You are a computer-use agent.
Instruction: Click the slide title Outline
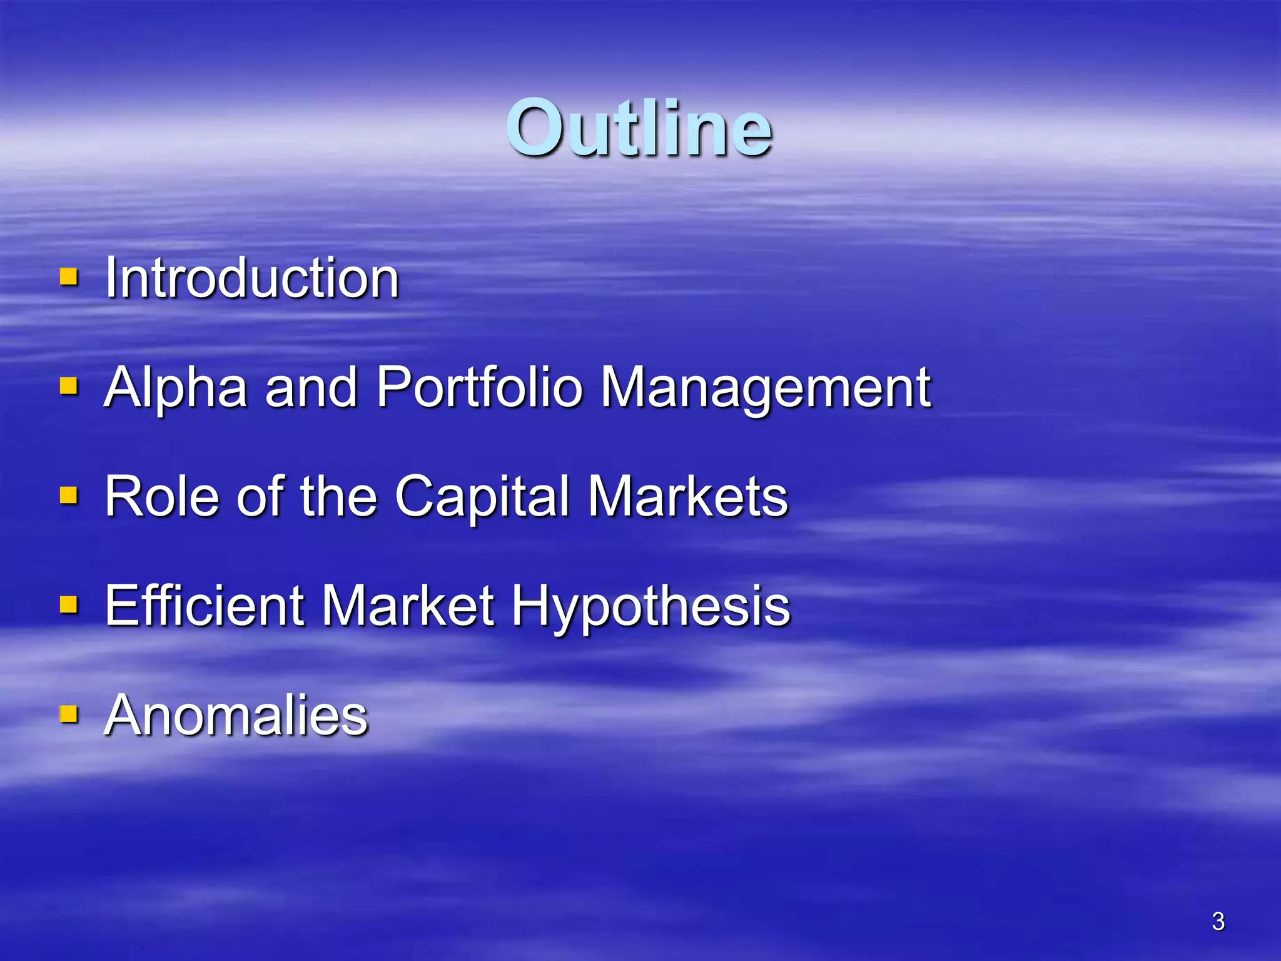pyautogui.click(x=639, y=128)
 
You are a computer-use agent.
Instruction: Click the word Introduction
pyautogui.click(x=251, y=278)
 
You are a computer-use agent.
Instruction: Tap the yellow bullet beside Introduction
pyautogui.click(x=69, y=277)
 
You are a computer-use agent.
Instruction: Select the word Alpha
pyautogui.click(x=176, y=388)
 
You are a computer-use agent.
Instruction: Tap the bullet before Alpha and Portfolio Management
pyautogui.click(x=69, y=386)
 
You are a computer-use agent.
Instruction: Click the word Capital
pyautogui.click(x=482, y=497)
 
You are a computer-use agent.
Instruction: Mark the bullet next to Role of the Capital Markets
pyautogui.click(x=69, y=496)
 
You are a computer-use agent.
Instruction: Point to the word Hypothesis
pyautogui.click(x=651, y=606)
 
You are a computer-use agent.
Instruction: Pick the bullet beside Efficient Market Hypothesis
pyautogui.click(x=69, y=604)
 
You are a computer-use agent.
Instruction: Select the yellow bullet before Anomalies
pyautogui.click(x=69, y=714)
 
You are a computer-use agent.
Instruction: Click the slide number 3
pyautogui.click(x=1218, y=921)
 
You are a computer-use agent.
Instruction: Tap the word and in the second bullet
pyautogui.click(x=311, y=388)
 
